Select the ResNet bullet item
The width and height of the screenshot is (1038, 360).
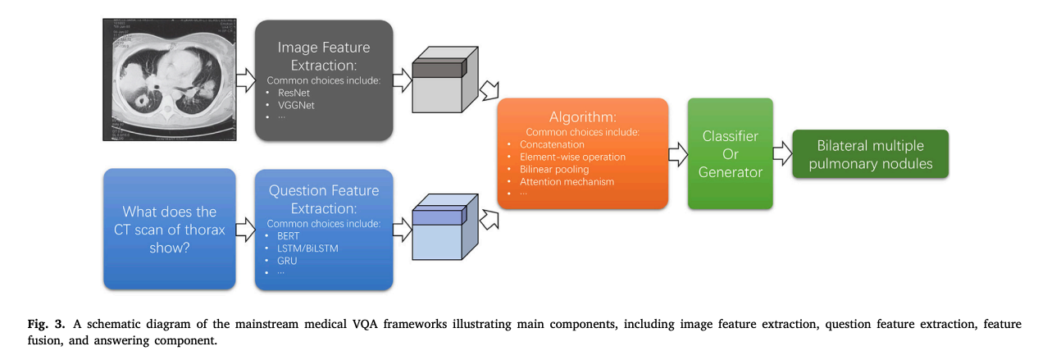(x=294, y=93)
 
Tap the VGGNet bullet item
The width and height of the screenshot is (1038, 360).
(x=296, y=105)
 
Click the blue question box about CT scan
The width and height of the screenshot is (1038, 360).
(x=170, y=229)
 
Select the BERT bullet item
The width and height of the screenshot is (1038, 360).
(x=289, y=236)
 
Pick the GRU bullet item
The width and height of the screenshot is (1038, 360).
(x=287, y=261)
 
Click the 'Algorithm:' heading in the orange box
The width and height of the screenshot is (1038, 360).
(x=582, y=117)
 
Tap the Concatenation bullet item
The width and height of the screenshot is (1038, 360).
(x=552, y=144)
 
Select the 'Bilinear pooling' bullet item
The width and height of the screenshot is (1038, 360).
(x=553, y=169)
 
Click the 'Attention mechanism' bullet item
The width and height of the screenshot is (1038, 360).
(x=567, y=181)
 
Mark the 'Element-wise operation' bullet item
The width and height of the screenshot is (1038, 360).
(x=572, y=157)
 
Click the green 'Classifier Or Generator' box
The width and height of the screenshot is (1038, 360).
(x=730, y=153)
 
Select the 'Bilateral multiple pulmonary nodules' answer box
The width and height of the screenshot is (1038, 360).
(x=870, y=154)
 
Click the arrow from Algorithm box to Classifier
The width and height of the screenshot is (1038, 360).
(x=678, y=153)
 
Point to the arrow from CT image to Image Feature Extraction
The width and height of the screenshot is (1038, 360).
(x=245, y=79)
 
